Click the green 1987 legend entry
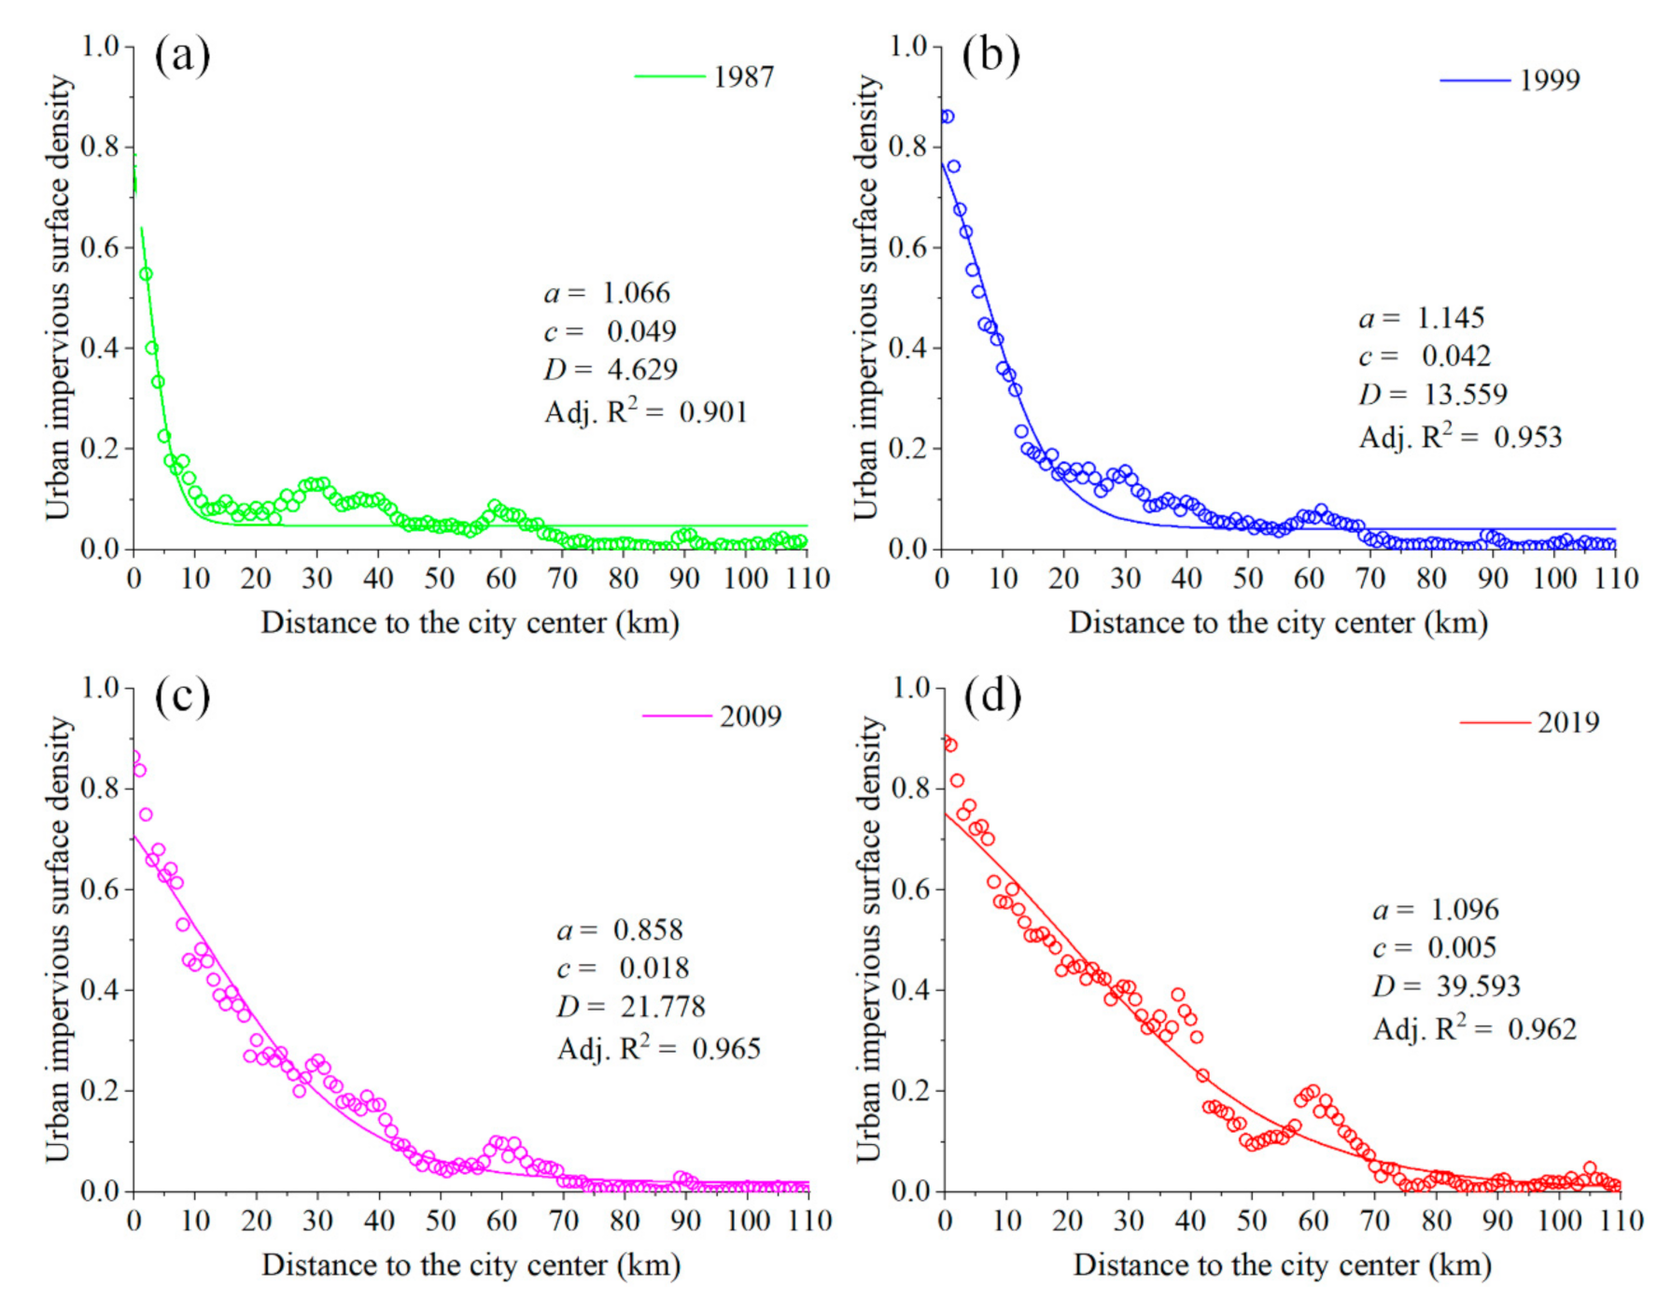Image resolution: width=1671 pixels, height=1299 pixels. tap(706, 77)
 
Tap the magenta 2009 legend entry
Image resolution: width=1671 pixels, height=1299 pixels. tap(712, 717)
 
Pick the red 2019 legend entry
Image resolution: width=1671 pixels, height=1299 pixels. tap(1530, 722)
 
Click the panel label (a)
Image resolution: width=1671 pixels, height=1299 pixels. tap(182, 56)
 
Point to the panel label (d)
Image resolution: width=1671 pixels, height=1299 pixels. tap(991, 697)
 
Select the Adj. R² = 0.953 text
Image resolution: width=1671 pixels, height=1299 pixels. tap(1460, 437)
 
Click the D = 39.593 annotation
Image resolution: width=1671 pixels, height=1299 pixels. tap(1446, 986)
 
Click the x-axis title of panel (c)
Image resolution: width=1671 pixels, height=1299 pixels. tap(470, 1265)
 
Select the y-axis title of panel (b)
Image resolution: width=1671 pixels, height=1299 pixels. tap(866, 297)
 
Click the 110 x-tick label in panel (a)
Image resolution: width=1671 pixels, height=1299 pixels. tap(807, 580)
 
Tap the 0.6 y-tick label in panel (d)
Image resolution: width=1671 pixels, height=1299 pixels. tap(910, 889)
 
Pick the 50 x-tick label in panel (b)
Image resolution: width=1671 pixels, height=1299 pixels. tap(1247, 580)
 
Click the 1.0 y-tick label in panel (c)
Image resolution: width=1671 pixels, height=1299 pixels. tap(100, 689)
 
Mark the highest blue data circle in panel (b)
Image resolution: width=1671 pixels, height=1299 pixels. tap(947, 117)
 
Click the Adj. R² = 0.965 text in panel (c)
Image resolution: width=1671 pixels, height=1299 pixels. tap(658, 1049)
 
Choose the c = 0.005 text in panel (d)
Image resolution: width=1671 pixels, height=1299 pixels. tap(1434, 948)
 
